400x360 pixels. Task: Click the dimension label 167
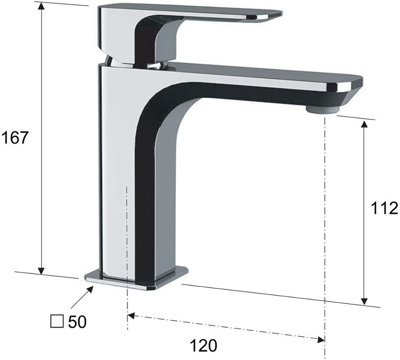click(x=14, y=138)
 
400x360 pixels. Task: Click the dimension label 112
click(x=384, y=208)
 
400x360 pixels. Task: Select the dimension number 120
click(x=204, y=346)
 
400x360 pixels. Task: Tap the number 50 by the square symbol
click(x=77, y=322)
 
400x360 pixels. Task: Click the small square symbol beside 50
click(x=57, y=321)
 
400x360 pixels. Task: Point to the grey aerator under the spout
click(x=323, y=110)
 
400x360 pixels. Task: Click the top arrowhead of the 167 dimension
click(x=41, y=6)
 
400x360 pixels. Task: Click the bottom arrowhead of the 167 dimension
click(x=41, y=271)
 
